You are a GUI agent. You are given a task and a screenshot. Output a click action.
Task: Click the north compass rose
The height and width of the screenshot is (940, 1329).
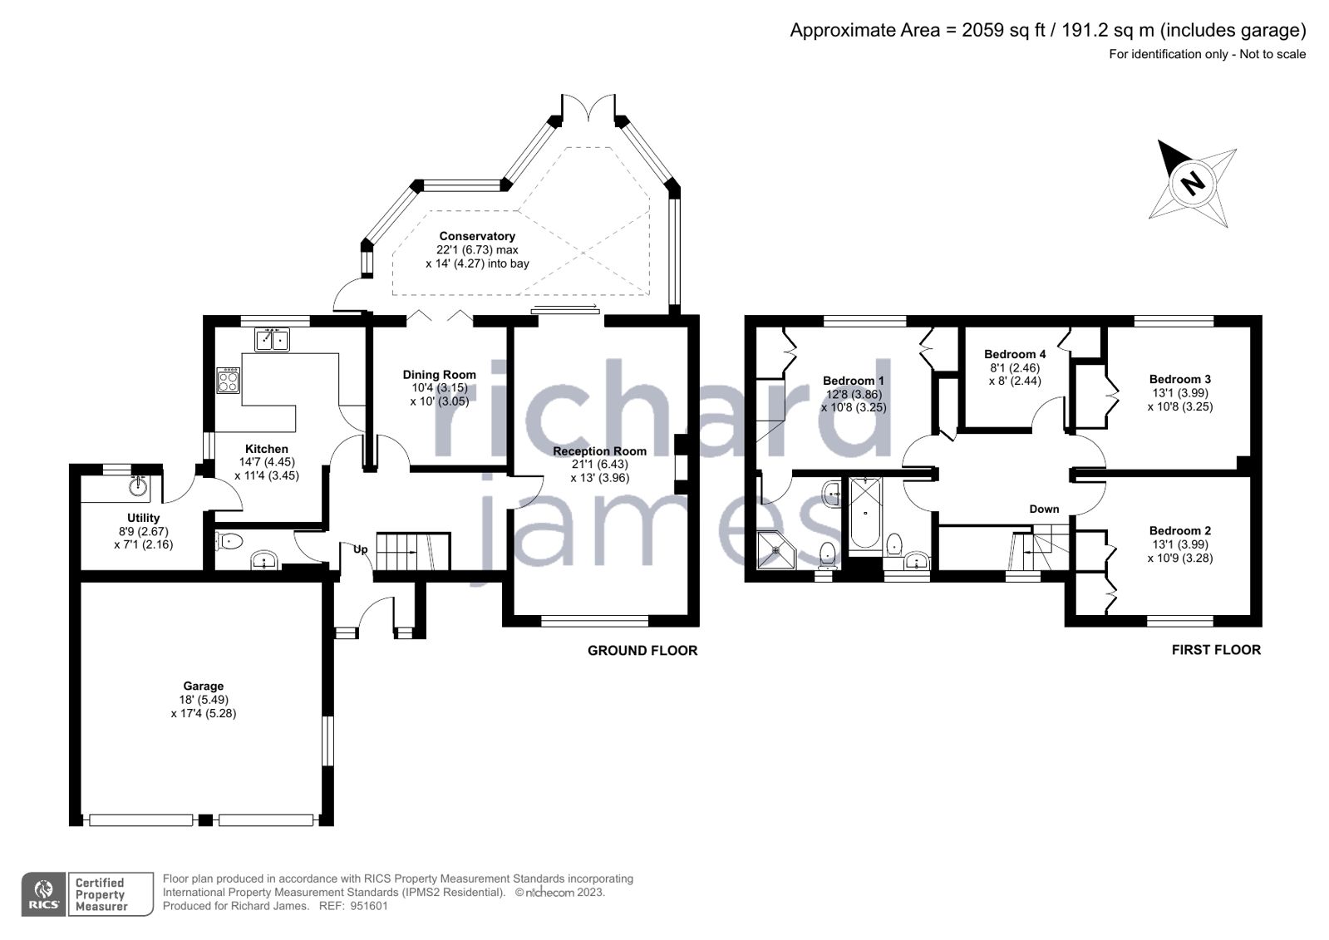click(1194, 183)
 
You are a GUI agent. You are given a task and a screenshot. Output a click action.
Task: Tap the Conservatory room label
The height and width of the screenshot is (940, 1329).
click(477, 236)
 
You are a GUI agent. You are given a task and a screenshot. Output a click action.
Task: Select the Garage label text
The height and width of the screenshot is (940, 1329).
click(204, 686)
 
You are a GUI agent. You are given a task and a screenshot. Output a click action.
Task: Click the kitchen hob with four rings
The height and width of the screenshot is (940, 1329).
click(228, 381)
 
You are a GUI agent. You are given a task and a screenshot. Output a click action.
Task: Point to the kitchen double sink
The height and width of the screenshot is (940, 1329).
click(272, 340)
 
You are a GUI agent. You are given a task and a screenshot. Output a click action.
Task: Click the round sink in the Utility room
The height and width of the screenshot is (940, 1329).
click(138, 486)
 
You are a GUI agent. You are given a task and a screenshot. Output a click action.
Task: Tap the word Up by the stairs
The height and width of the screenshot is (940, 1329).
click(361, 549)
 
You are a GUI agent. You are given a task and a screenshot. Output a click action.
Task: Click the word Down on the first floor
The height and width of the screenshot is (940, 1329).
click(1044, 509)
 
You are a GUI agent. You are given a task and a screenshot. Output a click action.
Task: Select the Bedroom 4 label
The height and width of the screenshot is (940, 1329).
click(1015, 354)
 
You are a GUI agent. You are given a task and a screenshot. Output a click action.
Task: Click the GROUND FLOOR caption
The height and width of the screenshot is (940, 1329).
click(642, 651)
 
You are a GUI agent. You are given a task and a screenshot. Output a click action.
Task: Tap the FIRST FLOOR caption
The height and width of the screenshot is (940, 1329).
click(1216, 650)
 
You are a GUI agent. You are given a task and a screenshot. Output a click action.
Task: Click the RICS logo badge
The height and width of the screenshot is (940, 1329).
click(43, 894)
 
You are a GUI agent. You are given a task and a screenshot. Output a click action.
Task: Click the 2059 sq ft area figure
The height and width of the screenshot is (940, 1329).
click(995, 31)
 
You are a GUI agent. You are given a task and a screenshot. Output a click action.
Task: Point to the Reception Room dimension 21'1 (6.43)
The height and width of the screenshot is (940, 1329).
click(599, 465)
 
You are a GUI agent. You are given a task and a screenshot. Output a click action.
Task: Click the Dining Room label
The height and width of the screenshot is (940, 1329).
click(439, 375)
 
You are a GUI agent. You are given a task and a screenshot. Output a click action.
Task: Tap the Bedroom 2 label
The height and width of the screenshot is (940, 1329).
click(1179, 530)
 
